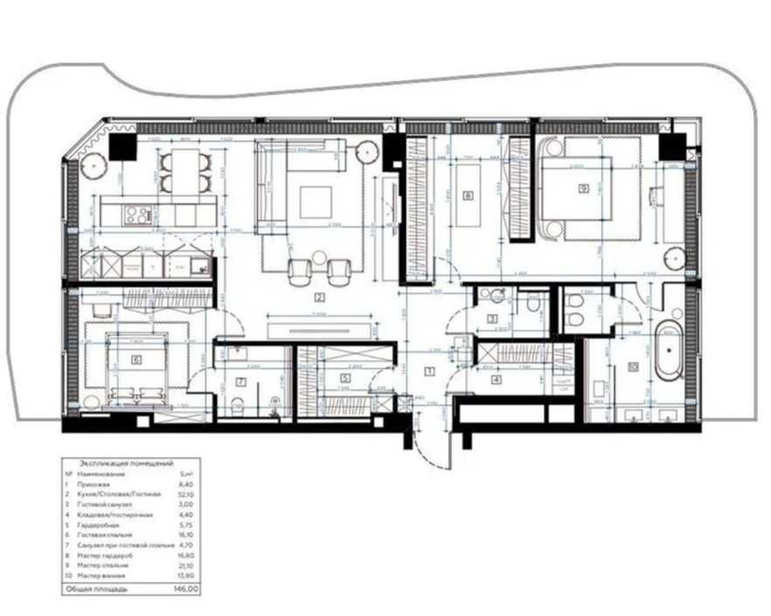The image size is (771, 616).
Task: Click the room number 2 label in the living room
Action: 321,296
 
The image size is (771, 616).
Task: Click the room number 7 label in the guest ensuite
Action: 240,381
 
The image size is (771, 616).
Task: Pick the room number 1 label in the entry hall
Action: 428,371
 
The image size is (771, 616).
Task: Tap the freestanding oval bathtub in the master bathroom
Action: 670,351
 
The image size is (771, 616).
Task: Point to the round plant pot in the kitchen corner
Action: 91,162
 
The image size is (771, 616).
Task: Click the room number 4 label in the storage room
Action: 496,379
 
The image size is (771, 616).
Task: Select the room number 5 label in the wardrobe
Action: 345,378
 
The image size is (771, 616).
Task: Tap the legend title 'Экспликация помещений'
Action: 126,463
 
